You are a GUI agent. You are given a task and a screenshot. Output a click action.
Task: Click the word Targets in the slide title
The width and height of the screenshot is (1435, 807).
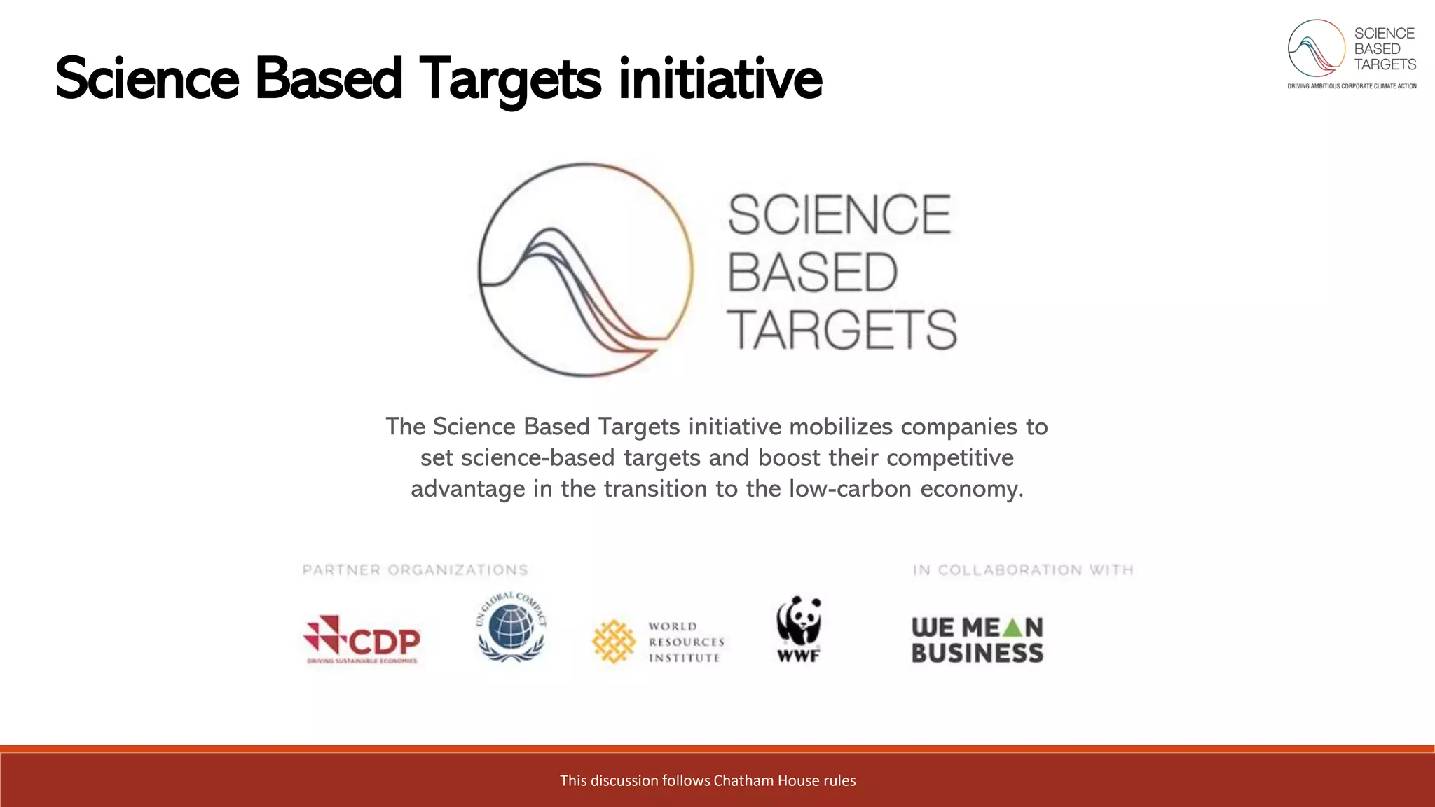(509, 78)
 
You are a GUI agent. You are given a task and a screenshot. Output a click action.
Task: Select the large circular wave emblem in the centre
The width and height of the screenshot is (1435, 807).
(586, 270)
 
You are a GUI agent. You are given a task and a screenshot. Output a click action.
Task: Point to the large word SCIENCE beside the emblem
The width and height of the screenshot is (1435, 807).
(839, 214)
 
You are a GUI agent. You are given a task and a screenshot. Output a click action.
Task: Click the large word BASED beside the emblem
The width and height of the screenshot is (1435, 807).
(813, 273)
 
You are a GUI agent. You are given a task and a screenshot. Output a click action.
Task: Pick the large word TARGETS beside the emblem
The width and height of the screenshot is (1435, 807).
(842, 330)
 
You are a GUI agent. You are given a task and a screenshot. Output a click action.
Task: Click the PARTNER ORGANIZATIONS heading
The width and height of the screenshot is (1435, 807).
(416, 570)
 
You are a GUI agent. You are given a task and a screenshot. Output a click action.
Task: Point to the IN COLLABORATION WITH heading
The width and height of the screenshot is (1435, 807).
(1023, 570)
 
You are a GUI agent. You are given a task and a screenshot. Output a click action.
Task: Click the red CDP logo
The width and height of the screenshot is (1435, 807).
(362, 640)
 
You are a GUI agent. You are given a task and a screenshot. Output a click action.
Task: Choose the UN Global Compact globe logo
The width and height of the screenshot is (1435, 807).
(511, 627)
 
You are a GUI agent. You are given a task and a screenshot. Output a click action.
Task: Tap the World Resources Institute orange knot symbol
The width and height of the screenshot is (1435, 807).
(613, 641)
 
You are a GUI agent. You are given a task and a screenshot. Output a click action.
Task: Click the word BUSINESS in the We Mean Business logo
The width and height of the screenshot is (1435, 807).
(977, 654)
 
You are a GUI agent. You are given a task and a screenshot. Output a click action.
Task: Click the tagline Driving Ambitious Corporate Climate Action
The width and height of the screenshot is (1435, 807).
(1352, 86)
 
